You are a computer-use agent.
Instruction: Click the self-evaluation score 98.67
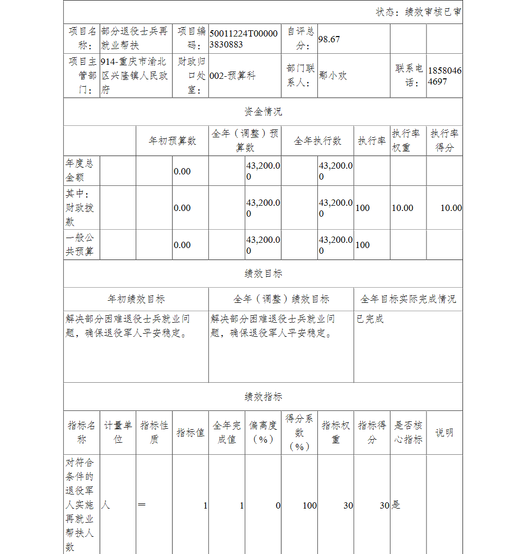[329, 39]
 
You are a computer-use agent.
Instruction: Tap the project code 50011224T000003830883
[244, 39]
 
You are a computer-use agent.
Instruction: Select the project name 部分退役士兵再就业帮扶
[135, 39]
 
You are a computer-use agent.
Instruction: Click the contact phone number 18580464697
[444, 76]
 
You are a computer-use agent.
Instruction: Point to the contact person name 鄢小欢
[333, 76]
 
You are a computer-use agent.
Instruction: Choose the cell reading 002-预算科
[232, 76]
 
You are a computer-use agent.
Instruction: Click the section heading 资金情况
[263, 112]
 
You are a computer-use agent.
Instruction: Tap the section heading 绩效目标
[263, 274]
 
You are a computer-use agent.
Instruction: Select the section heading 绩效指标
[263, 397]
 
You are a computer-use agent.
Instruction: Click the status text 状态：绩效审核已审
[419, 12]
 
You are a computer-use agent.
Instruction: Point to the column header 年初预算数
[172, 141]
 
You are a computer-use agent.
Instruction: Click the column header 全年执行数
[317, 141]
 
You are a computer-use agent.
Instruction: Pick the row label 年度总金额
[80, 171]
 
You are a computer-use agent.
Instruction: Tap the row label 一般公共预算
[80, 245]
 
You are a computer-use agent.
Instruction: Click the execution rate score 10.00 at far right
[450, 208]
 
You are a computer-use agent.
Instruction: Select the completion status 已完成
[370, 319]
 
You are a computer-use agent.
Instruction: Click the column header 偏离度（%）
[263, 432]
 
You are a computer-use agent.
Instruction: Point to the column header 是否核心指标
[408, 432]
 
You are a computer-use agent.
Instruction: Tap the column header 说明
[444, 432]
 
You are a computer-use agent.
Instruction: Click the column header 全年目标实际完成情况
[408, 299]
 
